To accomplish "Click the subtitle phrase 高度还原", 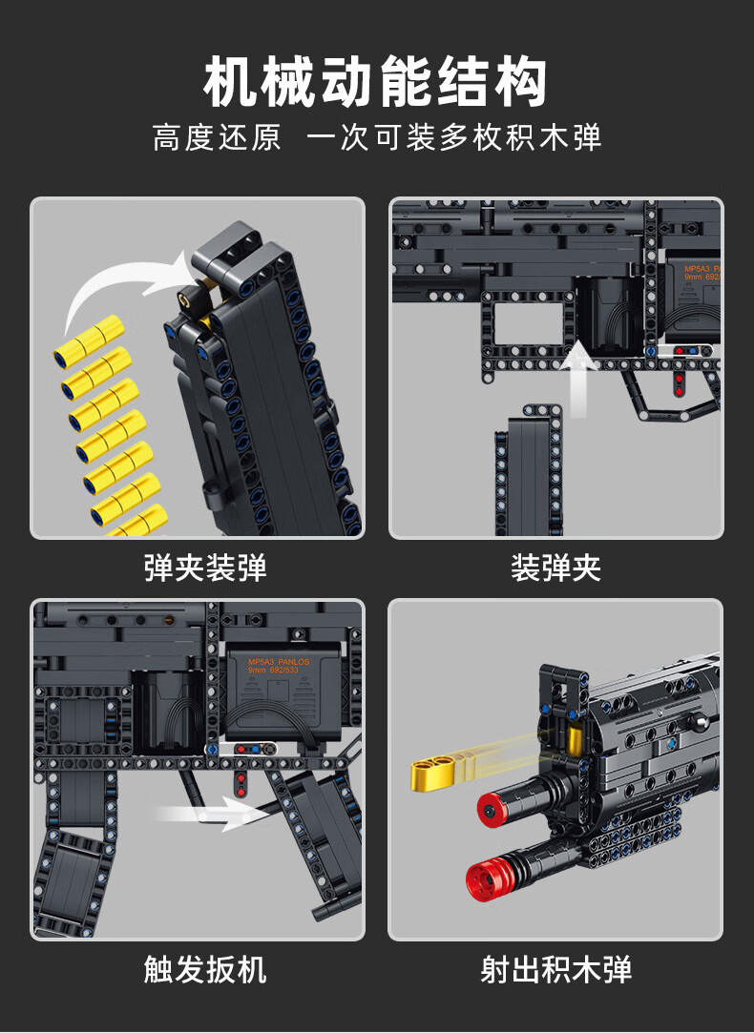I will point(218,137).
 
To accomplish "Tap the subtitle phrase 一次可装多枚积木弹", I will point(453,137).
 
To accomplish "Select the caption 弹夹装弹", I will point(205,568).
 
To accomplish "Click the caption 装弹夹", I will point(555,568).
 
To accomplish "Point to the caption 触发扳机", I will point(205,970).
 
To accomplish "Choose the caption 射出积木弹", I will point(555,970).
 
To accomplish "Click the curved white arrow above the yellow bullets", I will point(124,286).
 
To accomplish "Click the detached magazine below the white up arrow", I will point(521,477).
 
